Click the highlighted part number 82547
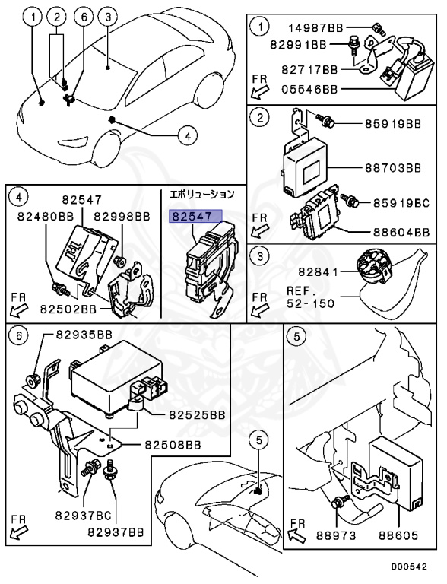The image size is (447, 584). tap(195, 216)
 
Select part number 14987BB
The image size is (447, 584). tap(316, 28)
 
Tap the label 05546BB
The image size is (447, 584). tap(310, 90)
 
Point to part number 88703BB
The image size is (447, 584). tap(392, 167)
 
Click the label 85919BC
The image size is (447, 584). tap(401, 203)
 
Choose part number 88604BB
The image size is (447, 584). tap(401, 233)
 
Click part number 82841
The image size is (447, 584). tap(318, 272)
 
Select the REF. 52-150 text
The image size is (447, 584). tap(311, 297)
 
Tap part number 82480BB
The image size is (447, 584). tap(46, 217)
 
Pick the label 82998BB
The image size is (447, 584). tap(122, 217)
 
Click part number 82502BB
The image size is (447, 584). tap(68, 309)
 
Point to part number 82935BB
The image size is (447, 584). tap(84, 335)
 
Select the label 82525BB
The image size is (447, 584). tap(197, 414)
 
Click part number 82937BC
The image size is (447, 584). tap(84, 516)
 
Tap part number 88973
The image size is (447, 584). tap(336, 535)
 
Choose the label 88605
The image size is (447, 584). tap(398, 535)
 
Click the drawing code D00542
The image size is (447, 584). tap(409, 567)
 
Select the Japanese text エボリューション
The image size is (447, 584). tap(202, 195)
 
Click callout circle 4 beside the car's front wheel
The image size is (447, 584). tap(187, 135)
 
